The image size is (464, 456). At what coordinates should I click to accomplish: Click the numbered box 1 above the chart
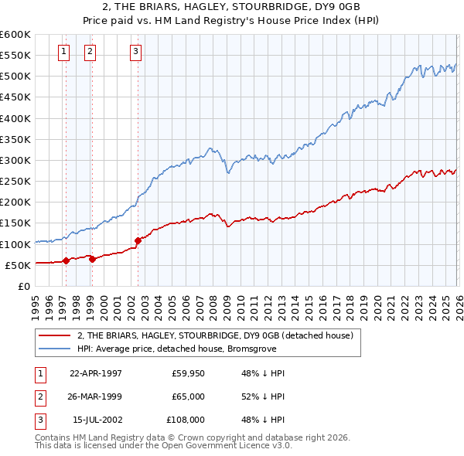[63, 52]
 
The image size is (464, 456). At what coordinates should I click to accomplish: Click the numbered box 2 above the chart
[90, 52]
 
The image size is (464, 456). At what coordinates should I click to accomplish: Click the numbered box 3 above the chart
[135, 52]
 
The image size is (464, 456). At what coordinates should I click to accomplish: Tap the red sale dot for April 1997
[66, 260]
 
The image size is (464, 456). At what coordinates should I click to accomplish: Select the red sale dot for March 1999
[92, 259]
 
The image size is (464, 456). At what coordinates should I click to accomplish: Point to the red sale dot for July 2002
[138, 240]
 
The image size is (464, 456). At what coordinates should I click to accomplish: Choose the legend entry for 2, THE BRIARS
[215, 335]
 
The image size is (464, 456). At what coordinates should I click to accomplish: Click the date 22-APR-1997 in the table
[96, 373]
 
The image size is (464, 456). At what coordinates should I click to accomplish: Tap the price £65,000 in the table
[188, 396]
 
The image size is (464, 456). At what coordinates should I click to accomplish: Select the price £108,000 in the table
[186, 420]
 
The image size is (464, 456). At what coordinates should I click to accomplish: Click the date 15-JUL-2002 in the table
[96, 420]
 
